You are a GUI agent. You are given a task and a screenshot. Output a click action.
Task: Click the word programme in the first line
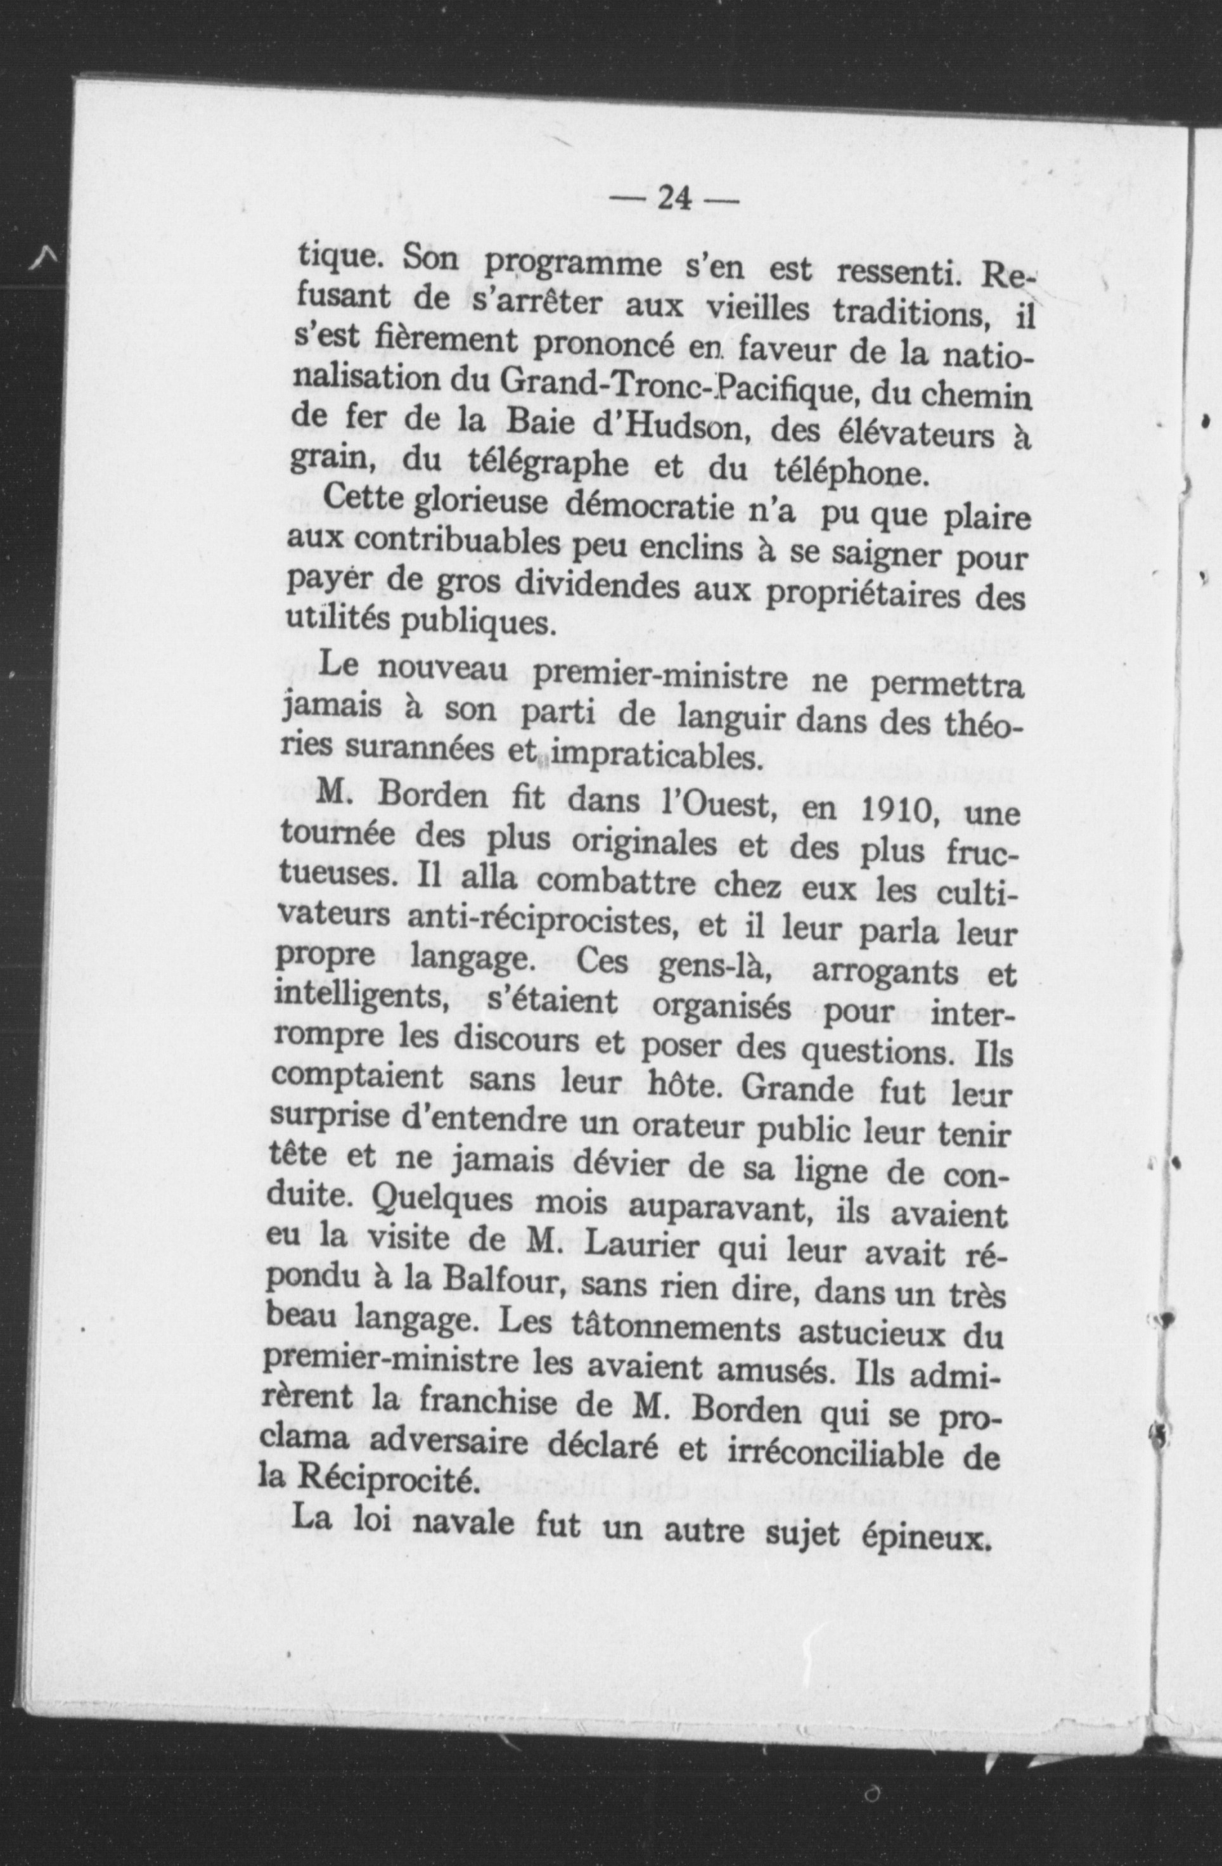[x=572, y=267]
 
